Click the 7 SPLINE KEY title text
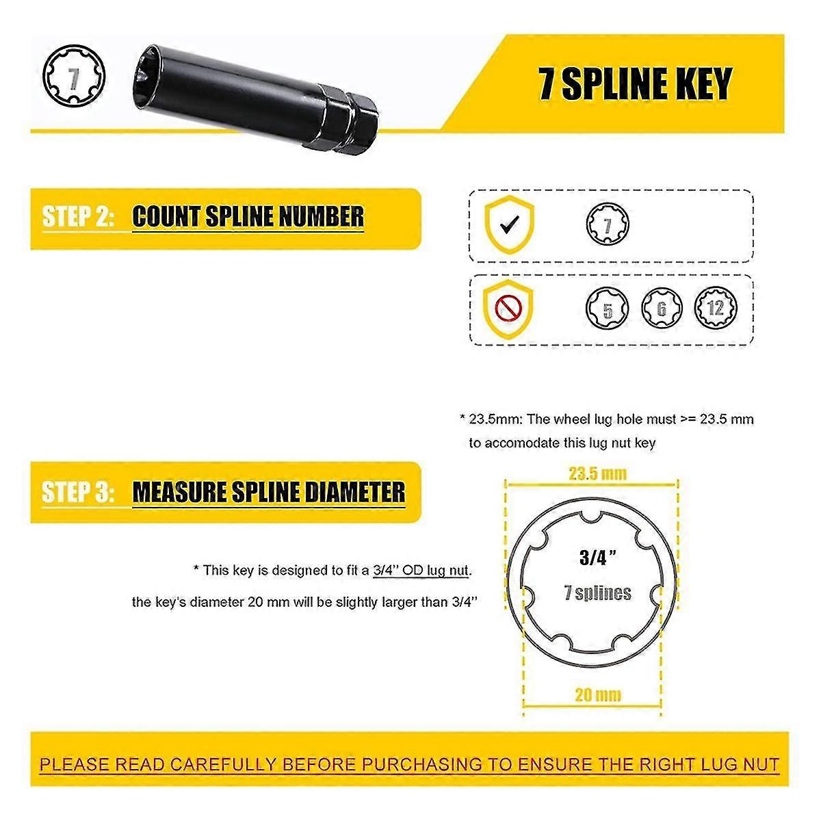point(635,83)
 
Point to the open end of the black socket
point(154,75)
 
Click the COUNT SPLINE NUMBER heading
point(248,217)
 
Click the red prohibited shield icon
point(508,308)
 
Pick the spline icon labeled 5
point(608,309)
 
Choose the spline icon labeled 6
point(662,309)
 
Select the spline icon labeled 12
point(715,308)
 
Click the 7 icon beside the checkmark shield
point(608,224)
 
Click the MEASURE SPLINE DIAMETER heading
point(268,492)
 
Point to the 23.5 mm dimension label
point(597,473)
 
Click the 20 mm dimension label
point(597,695)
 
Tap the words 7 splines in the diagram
point(597,592)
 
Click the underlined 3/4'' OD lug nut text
point(422,570)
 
